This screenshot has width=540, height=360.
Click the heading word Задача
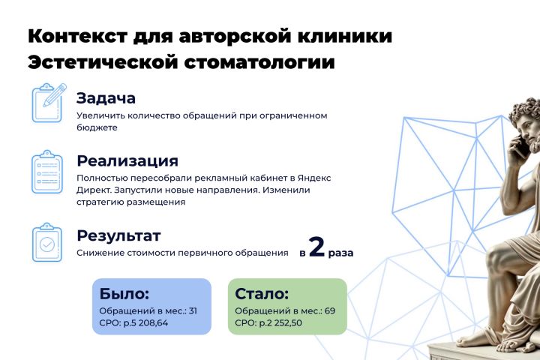pos(106,98)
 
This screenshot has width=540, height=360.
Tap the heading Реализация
pos(127,161)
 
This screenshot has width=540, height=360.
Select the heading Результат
pos(118,236)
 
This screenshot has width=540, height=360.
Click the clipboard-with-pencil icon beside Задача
pos(49,103)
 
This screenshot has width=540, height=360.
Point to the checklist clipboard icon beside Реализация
pos(47,172)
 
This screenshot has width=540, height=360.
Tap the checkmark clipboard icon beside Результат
pos(47,242)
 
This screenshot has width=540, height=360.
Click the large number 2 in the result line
pos(316,247)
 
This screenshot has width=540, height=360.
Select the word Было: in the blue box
pos(124,294)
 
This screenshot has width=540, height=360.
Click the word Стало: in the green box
pos(262,294)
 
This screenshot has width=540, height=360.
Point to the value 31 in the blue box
pos(193,310)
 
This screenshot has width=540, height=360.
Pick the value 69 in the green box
pos(329,310)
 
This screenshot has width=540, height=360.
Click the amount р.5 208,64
pos(145,323)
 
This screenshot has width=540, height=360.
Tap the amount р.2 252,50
pos(280,323)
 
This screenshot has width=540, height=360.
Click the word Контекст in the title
pos(78,36)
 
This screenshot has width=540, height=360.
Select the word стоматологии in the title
pos(259,63)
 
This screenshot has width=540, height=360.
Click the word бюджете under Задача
pos(97,127)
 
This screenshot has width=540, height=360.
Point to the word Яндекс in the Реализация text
pos(314,178)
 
